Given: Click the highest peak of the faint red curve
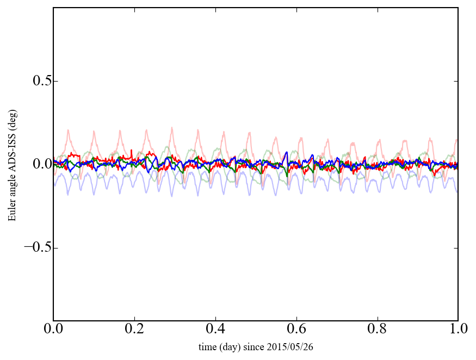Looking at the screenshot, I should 172,127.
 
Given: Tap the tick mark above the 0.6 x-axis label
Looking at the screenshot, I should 296,319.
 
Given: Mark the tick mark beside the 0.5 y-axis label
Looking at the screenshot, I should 55,81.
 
